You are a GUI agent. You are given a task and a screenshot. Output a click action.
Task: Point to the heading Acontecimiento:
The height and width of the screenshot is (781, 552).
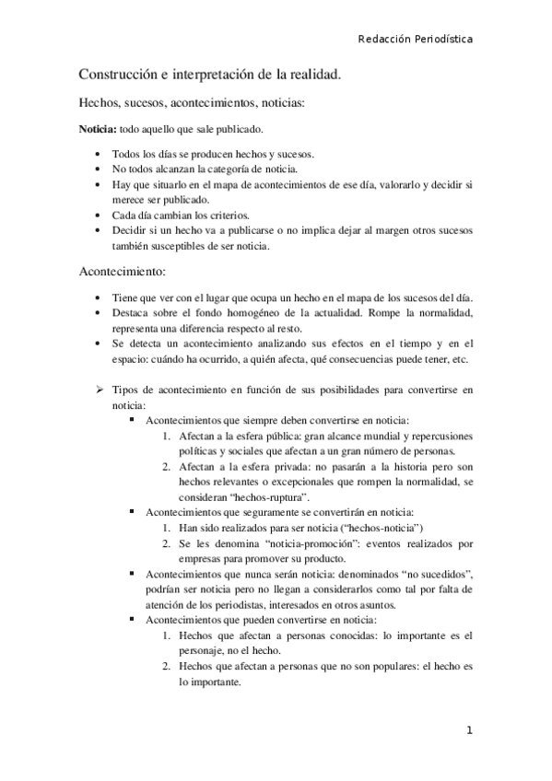point(122,274)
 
